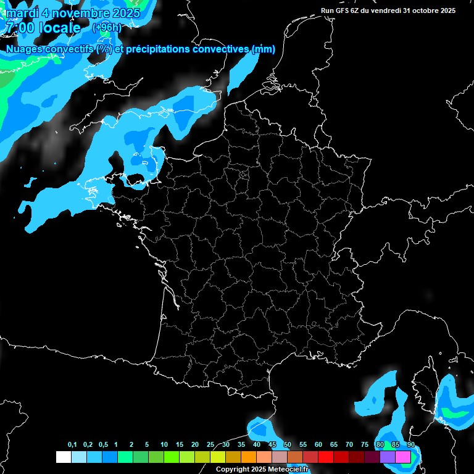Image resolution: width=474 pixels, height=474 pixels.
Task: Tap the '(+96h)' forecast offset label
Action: (106, 28)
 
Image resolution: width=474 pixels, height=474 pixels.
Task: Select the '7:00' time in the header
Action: (19, 28)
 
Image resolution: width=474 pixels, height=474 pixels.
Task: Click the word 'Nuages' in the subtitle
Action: (24, 49)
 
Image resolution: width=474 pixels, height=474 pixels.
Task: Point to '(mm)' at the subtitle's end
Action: (264, 49)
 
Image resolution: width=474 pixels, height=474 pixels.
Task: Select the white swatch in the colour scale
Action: (63, 457)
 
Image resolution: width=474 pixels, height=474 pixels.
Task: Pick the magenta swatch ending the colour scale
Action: (403, 457)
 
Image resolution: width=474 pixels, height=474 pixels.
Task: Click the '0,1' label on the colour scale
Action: (72, 445)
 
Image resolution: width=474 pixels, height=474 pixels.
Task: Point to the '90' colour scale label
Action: (410, 445)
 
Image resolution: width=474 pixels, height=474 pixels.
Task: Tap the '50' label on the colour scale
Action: (288, 445)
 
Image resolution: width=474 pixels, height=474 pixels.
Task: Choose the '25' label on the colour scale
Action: (210, 445)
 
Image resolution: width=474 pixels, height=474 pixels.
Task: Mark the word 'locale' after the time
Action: (60, 28)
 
